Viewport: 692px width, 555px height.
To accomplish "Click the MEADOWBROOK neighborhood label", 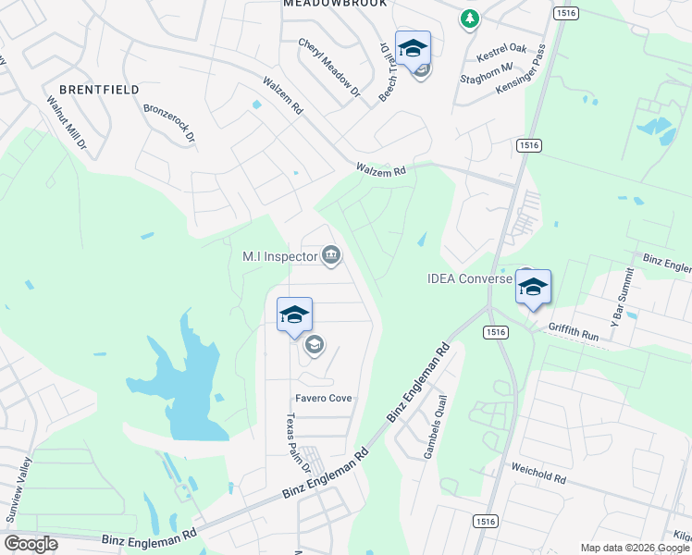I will click(336, 4).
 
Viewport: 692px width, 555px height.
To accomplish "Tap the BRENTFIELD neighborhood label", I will click(99, 90).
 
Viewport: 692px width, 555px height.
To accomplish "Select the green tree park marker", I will click(470, 18).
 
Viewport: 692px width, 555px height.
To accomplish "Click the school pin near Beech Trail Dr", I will click(413, 49).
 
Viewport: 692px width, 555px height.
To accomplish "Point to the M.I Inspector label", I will click(279, 256).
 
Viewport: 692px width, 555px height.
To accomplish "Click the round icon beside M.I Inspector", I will click(331, 255).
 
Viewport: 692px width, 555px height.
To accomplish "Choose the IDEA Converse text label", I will click(469, 278).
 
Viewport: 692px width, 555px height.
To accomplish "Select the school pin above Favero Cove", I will click(294, 314).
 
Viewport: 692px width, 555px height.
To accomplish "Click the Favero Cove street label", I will click(324, 399).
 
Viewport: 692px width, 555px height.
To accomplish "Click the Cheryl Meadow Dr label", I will click(329, 67).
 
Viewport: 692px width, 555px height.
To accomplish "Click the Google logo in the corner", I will click(31, 544).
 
